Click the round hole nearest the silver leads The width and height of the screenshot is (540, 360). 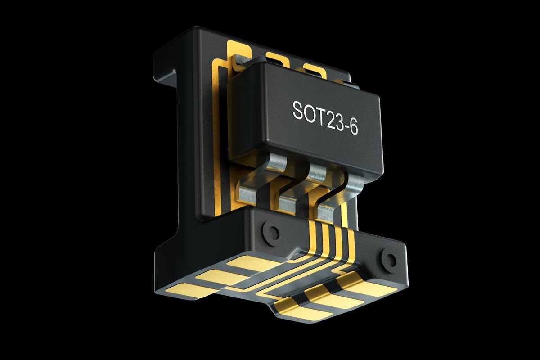coord(272,233)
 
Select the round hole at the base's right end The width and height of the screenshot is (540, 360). coord(388,258)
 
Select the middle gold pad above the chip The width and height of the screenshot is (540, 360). coord(275,58)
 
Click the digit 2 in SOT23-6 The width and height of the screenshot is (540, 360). coord(329,119)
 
